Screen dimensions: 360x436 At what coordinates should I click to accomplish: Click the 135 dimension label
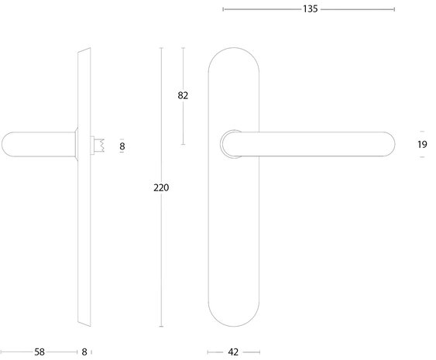click(309, 9)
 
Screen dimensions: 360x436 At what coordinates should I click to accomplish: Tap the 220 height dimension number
click(161, 187)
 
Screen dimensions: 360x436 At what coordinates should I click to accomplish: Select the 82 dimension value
click(183, 96)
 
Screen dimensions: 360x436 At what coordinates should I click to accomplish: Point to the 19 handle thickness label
click(422, 144)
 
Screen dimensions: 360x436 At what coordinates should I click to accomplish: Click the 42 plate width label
click(233, 351)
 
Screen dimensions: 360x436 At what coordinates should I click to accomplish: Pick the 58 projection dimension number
click(39, 351)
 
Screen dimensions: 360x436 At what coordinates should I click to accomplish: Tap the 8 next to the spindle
click(122, 145)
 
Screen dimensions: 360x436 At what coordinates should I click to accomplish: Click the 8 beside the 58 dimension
click(84, 351)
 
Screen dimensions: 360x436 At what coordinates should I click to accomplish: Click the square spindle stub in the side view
click(98, 145)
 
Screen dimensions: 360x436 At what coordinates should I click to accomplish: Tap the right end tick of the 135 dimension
click(394, 9)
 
